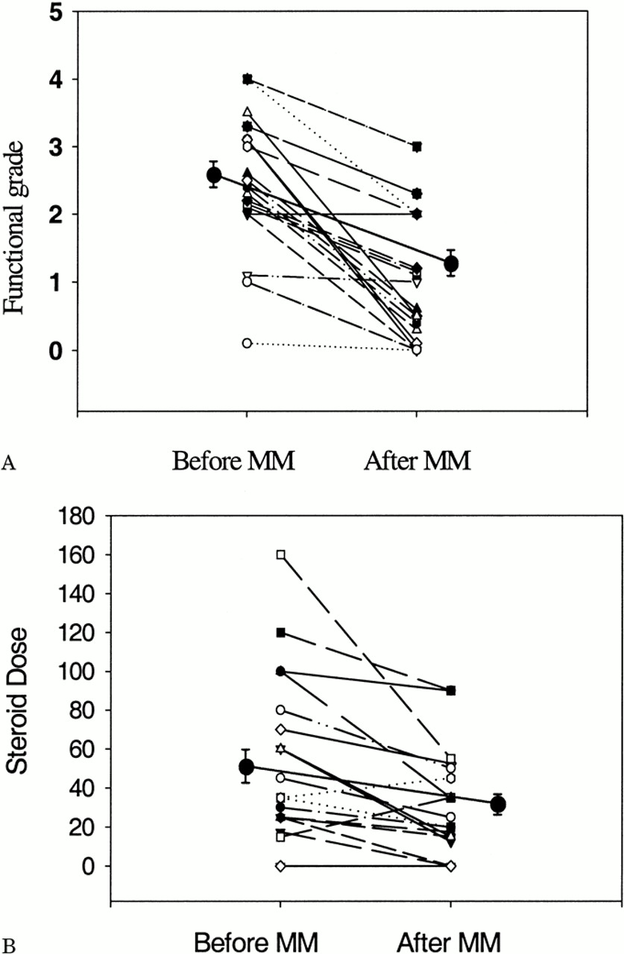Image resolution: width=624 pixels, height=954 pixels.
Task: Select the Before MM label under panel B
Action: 256,941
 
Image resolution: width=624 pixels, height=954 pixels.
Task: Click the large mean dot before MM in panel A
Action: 214,175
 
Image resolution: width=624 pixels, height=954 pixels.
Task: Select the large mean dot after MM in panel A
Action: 450,264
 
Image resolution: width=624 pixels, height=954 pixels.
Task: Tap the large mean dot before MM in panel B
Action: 246,767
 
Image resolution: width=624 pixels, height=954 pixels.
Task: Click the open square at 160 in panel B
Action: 281,555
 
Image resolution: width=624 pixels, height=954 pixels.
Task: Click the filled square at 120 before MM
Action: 281,633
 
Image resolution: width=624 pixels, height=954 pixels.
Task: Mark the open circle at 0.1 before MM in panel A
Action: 248,343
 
